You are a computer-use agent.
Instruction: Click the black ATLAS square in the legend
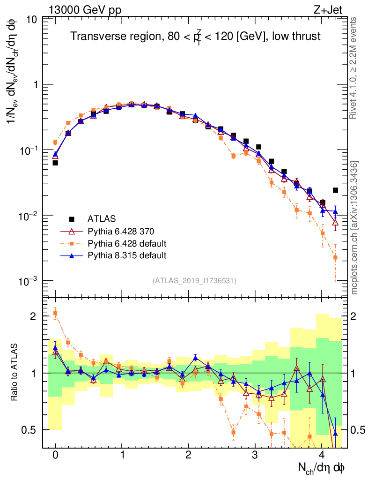(72, 219)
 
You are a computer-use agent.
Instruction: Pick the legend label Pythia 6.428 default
(127, 243)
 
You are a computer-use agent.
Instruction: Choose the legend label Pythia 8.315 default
(127, 255)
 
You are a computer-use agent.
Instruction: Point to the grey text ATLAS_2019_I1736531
(194, 281)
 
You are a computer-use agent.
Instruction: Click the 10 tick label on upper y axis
(32, 20)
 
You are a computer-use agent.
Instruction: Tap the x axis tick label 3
(255, 455)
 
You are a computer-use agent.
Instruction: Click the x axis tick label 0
(55, 455)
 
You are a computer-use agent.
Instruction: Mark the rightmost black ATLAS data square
(335, 190)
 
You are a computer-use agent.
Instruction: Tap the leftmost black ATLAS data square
(55, 163)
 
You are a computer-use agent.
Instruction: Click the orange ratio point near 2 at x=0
(55, 313)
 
